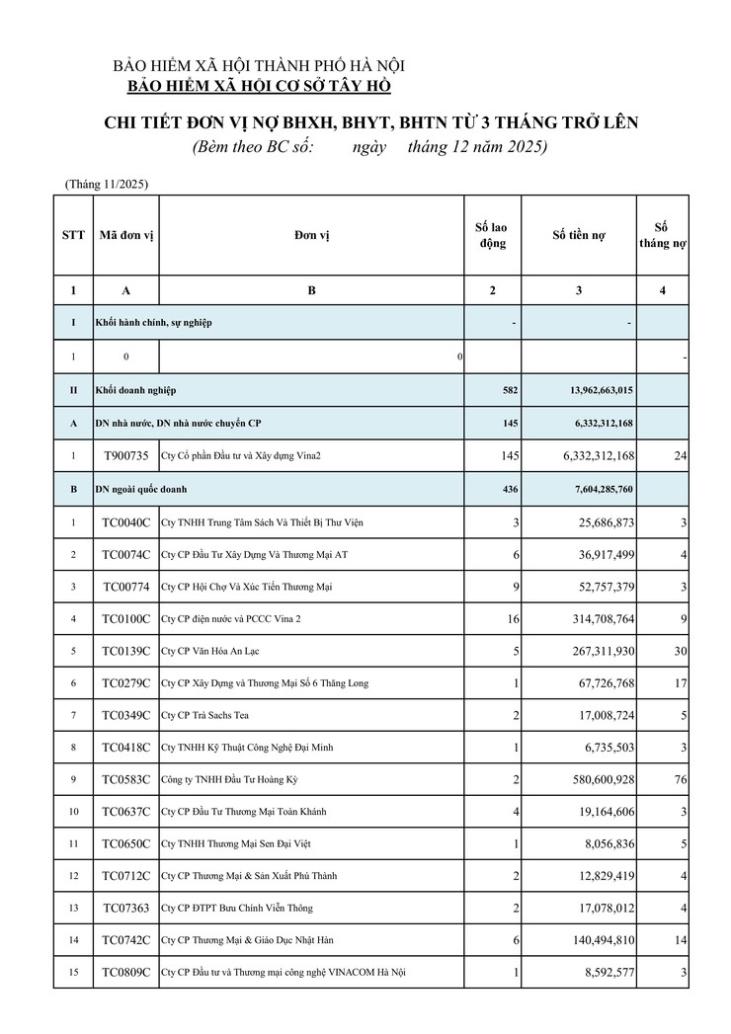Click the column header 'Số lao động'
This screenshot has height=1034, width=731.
(x=492, y=235)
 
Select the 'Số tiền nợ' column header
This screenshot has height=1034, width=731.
(x=579, y=235)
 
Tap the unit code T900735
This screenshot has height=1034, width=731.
(x=125, y=455)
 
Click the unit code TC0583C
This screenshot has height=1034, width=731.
(x=125, y=780)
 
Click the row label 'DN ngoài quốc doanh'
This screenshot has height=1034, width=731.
(x=141, y=488)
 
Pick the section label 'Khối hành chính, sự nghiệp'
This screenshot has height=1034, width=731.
(x=153, y=322)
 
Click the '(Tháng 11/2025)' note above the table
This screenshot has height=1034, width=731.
(x=107, y=184)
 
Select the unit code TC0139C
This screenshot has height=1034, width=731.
(x=125, y=651)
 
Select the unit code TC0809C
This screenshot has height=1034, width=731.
(x=125, y=973)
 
